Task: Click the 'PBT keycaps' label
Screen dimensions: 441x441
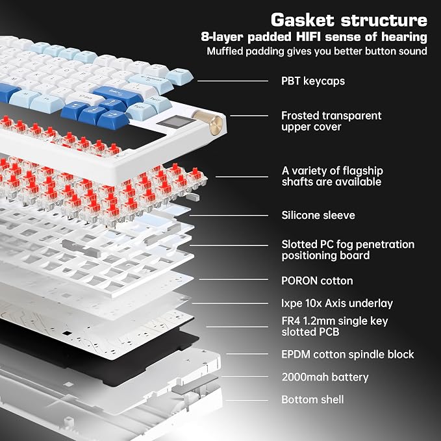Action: click(x=313, y=81)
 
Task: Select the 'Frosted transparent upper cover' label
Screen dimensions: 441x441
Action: click(x=331, y=121)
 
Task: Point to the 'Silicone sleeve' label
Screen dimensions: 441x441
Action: click(x=318, y=216)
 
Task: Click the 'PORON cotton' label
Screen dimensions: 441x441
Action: click(x=317, y=281)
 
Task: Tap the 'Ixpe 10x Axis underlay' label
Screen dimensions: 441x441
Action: click(x=337, y=303)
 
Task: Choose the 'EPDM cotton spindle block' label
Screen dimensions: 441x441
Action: click(x=347, y=355)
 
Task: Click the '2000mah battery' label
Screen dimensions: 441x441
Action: click(x=325, y=377)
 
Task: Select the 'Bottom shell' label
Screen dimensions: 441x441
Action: click(x=312, y=399)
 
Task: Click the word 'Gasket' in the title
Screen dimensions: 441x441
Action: click(x=303, y=20)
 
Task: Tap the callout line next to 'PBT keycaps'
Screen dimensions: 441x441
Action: click(x=233, y=81)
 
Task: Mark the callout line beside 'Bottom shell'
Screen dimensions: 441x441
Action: click(x=247, y=401)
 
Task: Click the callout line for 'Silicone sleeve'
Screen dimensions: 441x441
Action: click(x=229, y=216)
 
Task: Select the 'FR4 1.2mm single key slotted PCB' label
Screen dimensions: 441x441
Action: click(x=334, y=326)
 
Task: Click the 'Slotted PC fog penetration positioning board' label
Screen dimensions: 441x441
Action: click(x=348, y=250)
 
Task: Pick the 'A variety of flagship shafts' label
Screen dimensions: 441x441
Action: click(x=332, y=177)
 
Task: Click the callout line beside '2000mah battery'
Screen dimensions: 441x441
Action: click(x=245, y=376)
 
